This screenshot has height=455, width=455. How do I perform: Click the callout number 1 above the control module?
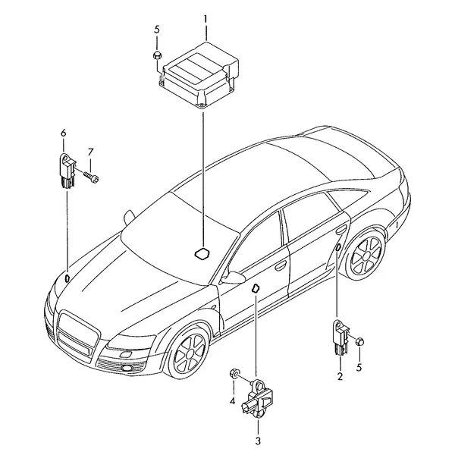206,20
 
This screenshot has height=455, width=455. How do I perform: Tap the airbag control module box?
199,75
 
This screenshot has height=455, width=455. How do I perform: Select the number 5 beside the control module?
157,30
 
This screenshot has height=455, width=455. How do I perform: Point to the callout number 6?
63,133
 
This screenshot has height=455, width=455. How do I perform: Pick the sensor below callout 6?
67,171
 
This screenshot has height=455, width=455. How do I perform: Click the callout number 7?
90,152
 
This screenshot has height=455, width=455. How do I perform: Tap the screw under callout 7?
91,177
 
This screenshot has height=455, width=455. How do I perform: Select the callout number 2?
340,376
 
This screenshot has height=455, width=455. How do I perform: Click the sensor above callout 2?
340,337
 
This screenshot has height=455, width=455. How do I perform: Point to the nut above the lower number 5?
359,341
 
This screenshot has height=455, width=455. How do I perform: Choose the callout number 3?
258,441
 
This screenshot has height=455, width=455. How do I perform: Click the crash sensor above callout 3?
256,397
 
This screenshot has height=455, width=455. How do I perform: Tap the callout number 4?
232,401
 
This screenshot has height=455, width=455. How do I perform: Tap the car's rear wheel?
366,255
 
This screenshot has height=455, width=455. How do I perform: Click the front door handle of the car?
281,265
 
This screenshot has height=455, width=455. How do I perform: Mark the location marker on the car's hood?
67,278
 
